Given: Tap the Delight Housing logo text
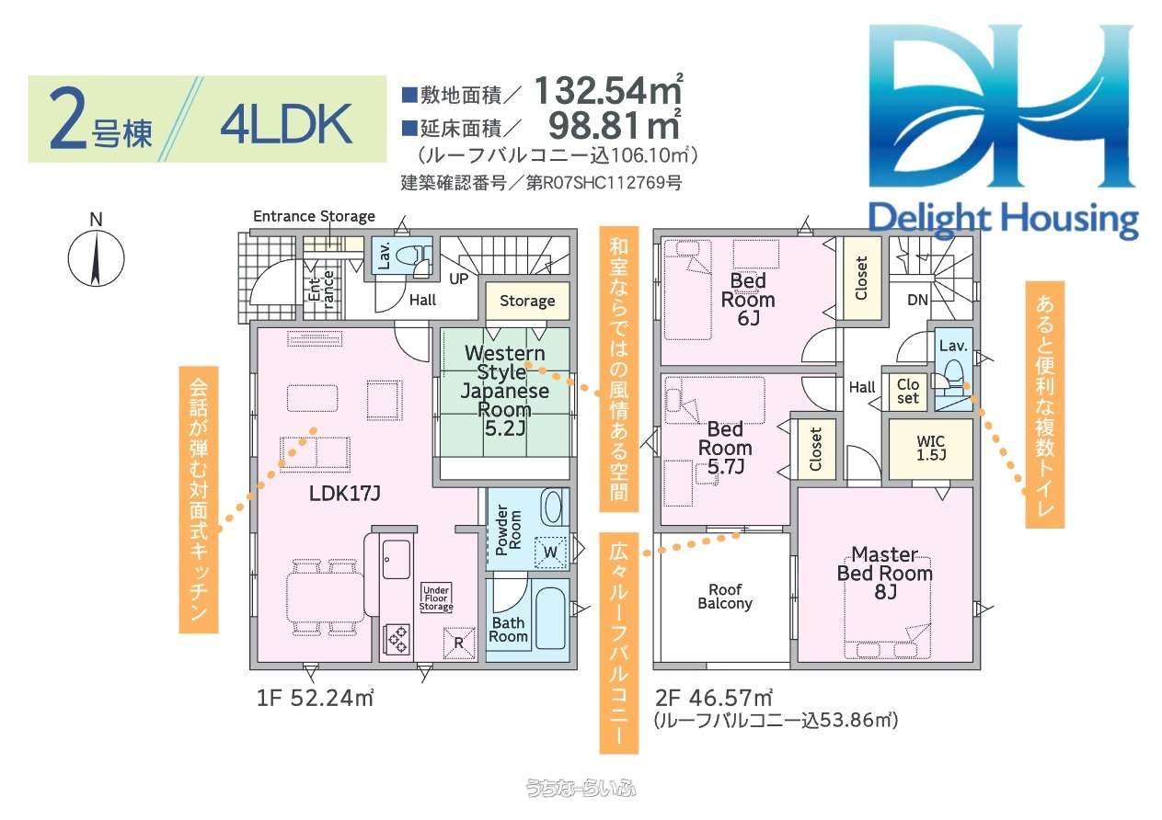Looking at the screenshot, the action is pos(1003,220).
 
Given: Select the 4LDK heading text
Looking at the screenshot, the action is pos(286,124).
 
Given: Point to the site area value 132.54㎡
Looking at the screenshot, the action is pos(608,90).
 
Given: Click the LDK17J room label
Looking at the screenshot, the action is pos(344,493).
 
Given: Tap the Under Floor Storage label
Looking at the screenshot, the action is pos(436,598).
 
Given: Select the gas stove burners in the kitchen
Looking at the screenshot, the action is pos(397,640).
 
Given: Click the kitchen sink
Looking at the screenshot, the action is pos(397,559).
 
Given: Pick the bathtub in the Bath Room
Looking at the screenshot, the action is pos(550,618).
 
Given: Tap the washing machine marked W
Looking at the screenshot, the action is pos(550,552).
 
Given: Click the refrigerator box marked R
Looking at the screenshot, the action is pos(459,643).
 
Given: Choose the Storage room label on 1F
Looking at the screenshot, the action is pos(527,301).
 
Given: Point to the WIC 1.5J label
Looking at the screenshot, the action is pos(931,449).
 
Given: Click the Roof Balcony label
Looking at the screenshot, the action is pos(725,596).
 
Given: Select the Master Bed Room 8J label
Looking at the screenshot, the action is pos(885,573).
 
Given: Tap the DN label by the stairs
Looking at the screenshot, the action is pos(917,300).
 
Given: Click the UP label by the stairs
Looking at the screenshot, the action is pos(458,279).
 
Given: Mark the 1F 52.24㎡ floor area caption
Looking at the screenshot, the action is pos(315,698).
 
